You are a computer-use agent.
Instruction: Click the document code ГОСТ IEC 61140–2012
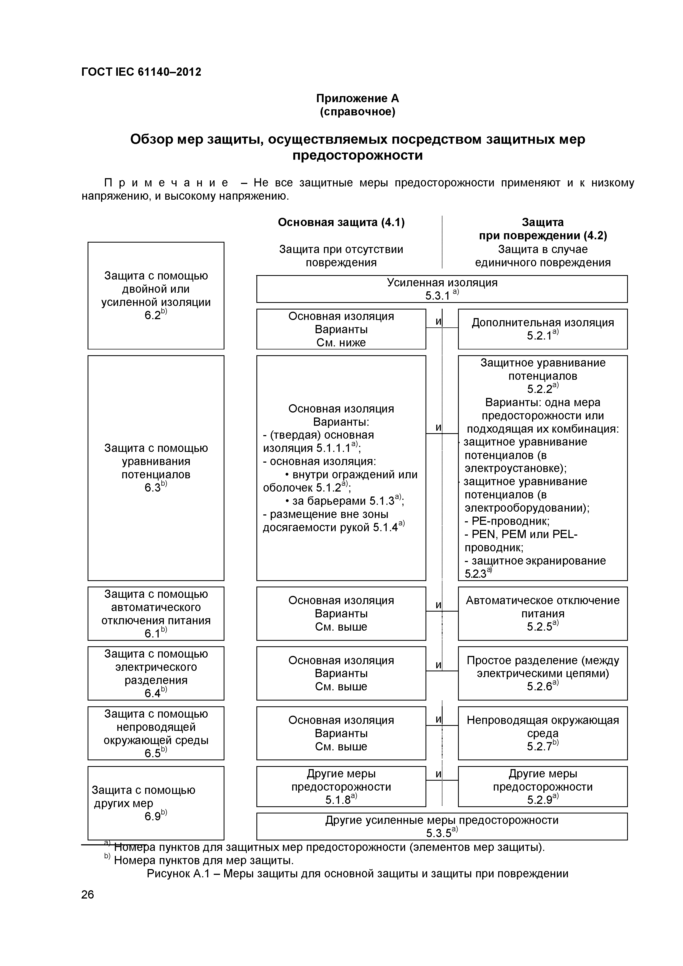tap(141, 72)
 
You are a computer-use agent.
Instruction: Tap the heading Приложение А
tap(357, 99)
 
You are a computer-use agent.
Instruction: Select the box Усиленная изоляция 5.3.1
tap(441, 289)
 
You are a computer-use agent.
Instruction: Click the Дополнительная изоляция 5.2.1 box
tap(543, 329)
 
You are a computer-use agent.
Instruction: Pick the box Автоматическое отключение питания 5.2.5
tap(543, 614)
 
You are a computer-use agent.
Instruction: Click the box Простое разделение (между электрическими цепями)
tap(543, 673)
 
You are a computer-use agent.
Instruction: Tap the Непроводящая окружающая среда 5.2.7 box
tap(543, 733)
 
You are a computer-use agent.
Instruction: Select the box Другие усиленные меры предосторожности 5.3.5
tap(441, 826)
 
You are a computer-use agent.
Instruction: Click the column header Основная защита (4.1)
tap(341, 222)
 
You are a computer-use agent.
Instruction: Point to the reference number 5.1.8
tap(338, 800)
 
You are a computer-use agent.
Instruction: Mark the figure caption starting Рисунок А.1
tap(357, 873)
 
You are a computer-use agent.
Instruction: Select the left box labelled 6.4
tap(156, 673)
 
